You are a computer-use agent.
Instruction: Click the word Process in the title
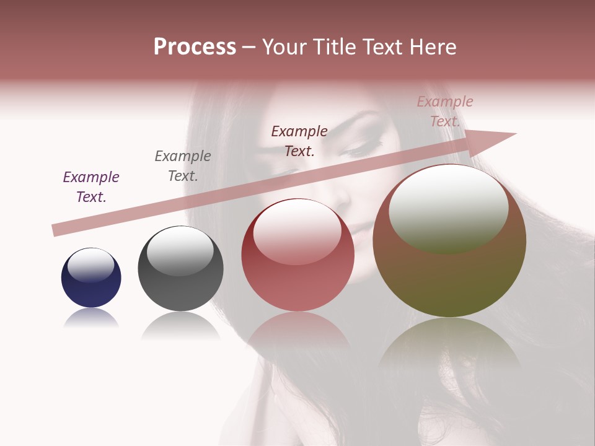pos(195,47)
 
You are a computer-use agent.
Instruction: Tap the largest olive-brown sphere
pos(449,248)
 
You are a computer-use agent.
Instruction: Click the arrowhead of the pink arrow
pos(496,139)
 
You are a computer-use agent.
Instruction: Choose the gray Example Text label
pos(183,166)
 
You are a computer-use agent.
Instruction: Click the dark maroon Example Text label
pos(299,141)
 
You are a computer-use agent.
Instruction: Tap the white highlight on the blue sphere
pos(91,265)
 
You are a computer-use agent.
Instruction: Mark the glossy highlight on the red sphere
pos(297,230)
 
